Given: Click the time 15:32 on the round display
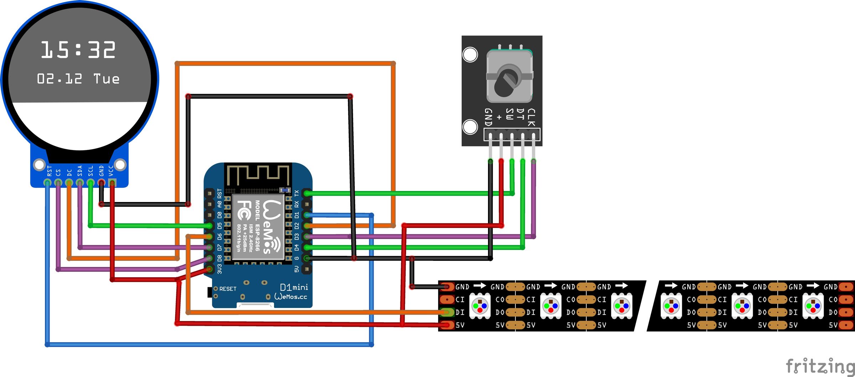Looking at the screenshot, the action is pyautogui.click(x=78, y=50).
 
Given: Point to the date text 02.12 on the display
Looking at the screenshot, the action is pyautogui.click(x=59, y=79).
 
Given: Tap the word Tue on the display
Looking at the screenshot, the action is pyautogui.click(x=106, y=79).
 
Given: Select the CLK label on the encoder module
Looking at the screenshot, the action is pyautogui.click(x=531, y=118).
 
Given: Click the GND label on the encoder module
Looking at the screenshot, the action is pyautogui.click(x=488, y=117).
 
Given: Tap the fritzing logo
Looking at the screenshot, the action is pyautogui.click(x=820, y=367).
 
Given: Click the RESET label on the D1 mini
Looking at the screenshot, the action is pyautogui.click(x=228, y=289).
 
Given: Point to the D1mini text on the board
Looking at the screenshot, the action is pyautogui.click(x=294, y=287).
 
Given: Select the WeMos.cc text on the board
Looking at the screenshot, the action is pyautogui.click(x=291, y=296).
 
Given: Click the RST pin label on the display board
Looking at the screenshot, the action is pyautogui.click(x=50, y=171).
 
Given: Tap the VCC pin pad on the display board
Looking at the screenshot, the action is pyautogui.click(x=112, y=183).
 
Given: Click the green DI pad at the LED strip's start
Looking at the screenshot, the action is pyautogui.click(x=446, y=312).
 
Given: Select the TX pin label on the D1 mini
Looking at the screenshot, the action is pyautogui.click(x=297, y=193).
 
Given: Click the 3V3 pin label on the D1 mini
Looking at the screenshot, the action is pyautogui.click(x=219, y=269).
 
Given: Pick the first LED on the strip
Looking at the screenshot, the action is pyautogui.click(x=480, y=306).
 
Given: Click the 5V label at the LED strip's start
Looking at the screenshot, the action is pyautogui.click(x=460, y=325).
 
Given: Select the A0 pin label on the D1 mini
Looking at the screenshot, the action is pyautogui.click(x=219, y=204).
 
